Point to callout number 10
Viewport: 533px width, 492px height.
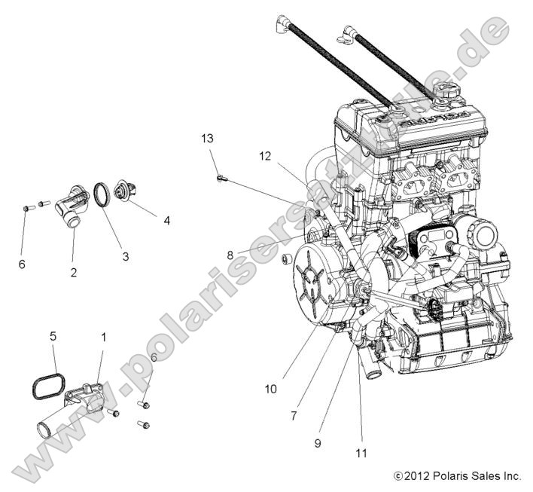tap(270, 389)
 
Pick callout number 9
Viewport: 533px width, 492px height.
tap(318, 443)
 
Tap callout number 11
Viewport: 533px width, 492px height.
tap(362, 453)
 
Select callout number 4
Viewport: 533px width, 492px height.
tap(166, 221)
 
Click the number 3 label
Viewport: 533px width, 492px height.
tap(125, 256)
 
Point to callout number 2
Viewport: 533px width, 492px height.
tap(74, 272)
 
